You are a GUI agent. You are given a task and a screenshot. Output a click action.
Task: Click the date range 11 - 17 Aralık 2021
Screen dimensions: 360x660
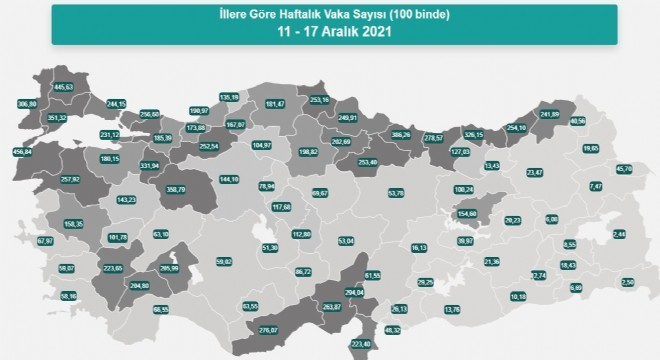[x=330, y=30]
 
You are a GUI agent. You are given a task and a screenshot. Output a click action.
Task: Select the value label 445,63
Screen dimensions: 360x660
[x=64, y=87]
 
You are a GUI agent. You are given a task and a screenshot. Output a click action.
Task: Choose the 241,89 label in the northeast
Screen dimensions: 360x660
[x=549, y=114]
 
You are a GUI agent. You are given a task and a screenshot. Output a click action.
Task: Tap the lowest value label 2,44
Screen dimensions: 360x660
[x=618, y=233]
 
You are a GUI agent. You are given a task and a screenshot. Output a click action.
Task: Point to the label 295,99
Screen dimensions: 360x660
[x=169, y=269]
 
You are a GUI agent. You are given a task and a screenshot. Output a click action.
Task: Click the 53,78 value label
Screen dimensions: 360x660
[x=396, y=193]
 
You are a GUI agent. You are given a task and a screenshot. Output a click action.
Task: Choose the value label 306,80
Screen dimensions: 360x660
[x=27, y=104]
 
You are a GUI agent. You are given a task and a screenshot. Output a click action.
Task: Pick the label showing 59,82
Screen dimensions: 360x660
[x=224, y=262]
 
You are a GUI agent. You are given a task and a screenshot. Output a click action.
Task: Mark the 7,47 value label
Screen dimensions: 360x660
[x=596, y=187]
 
